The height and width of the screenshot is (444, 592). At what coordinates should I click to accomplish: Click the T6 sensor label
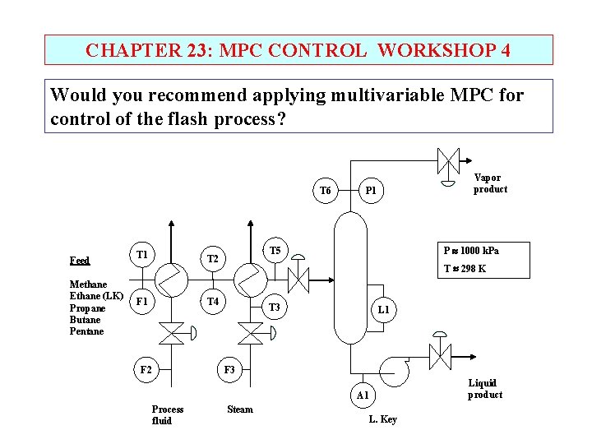[x=325, y=191]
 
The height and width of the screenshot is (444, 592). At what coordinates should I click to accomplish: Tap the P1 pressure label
[x=371, y=191]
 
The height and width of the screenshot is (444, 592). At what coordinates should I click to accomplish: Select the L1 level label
[x=383, y=310]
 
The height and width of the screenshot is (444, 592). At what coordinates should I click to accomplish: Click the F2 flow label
[x=146, y=370]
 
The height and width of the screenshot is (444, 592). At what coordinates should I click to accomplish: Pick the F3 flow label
[x=229, y=370]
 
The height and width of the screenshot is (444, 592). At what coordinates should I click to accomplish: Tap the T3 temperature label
[x=275, y=308]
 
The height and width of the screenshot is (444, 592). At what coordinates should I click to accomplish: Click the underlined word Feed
[x=80, y=261]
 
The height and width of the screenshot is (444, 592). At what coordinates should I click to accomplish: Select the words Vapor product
[x=490, y=183]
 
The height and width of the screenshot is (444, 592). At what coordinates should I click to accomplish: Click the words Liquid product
[x=485, y=389]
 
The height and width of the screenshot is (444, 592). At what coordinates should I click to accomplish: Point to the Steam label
[x=240, y=409]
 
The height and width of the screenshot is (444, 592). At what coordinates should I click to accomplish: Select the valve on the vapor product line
[x=446, y=161]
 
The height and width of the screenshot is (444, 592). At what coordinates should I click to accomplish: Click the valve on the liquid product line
[x=440, y=357]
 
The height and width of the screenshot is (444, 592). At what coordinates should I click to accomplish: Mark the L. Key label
[x=382, y=419]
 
